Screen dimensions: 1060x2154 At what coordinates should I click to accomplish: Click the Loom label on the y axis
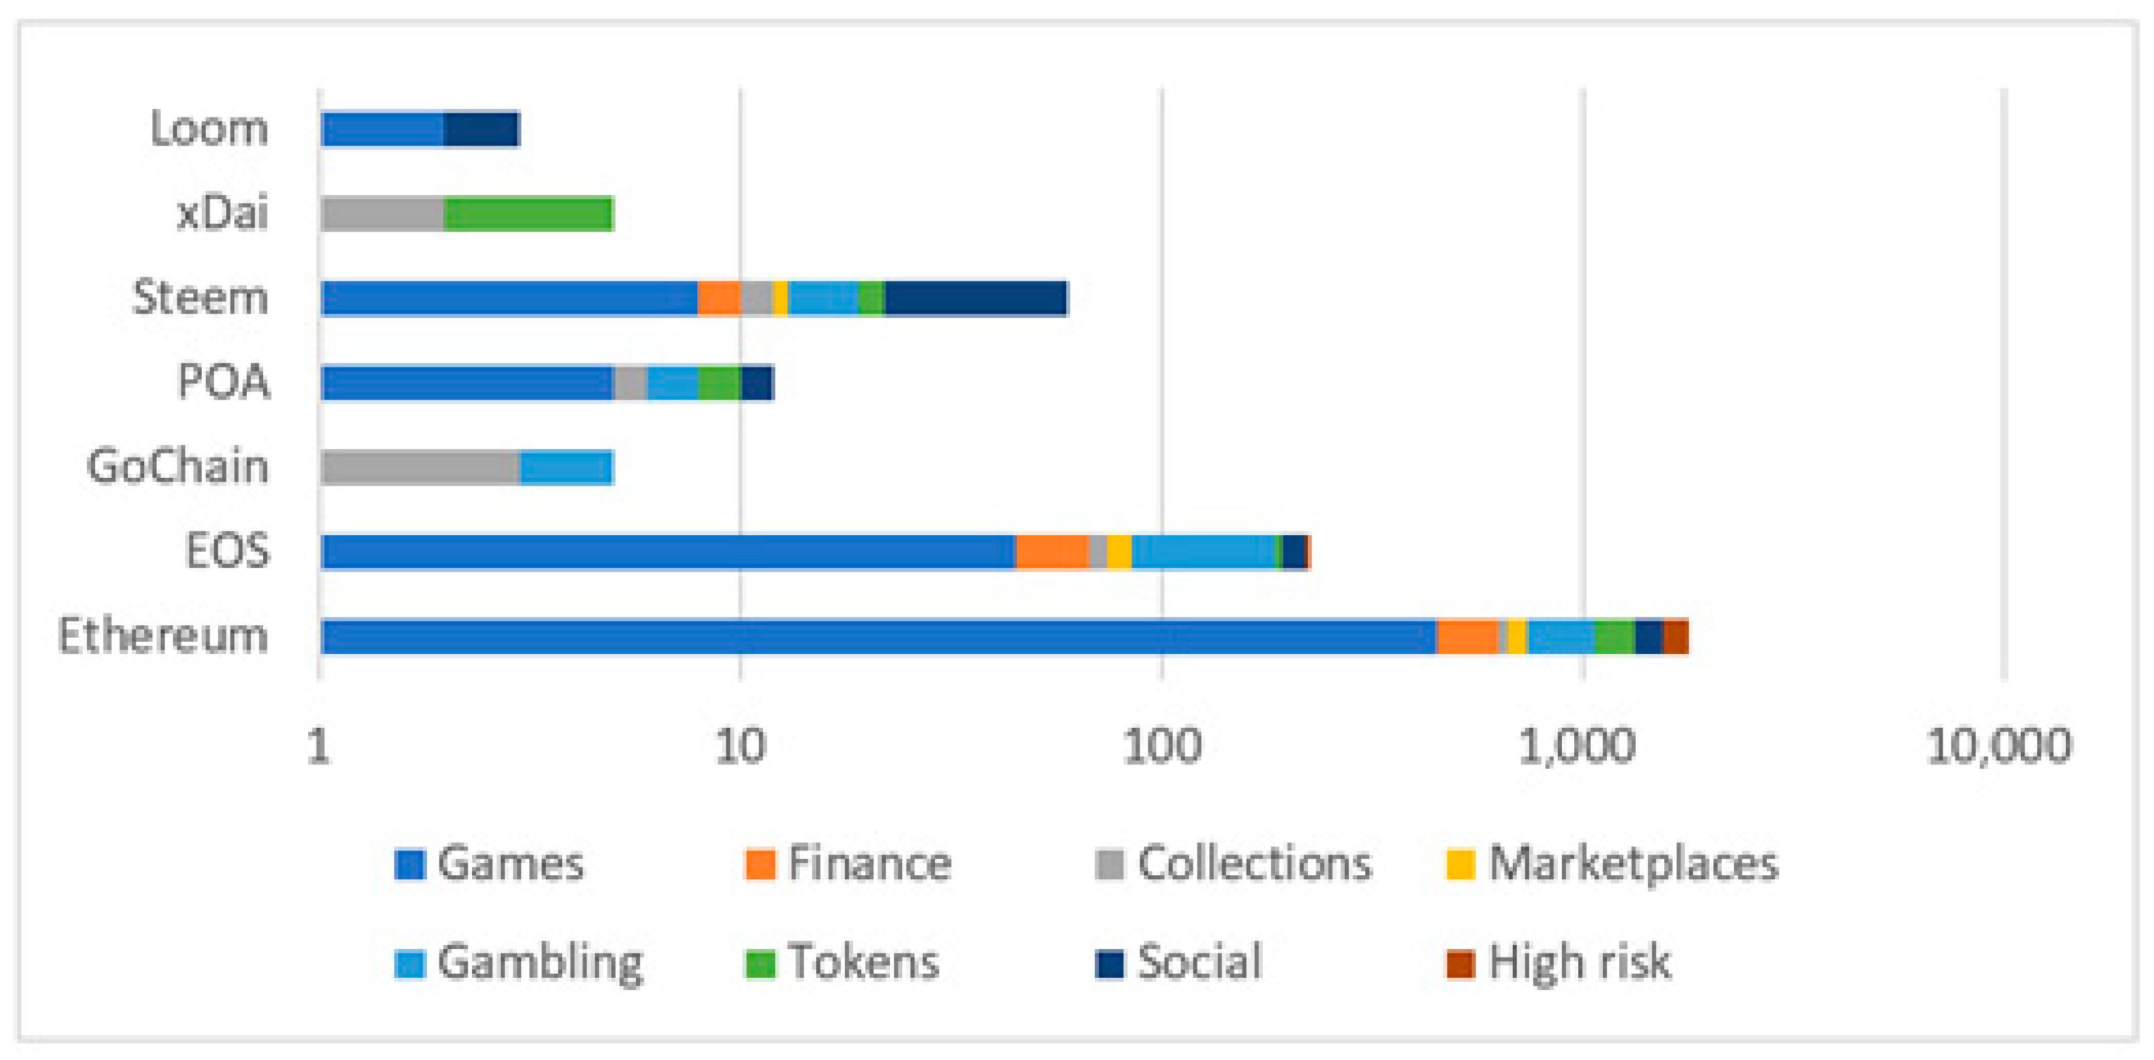209,130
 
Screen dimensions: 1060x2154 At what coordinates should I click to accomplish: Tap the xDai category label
223,213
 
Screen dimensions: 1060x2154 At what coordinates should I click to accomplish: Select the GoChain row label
178,467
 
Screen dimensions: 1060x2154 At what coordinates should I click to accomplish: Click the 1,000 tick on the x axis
1577,745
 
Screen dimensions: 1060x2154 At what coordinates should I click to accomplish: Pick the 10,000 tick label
1999,745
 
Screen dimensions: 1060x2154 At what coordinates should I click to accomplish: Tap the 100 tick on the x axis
1162,745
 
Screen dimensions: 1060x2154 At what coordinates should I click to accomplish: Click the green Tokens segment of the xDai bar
528,214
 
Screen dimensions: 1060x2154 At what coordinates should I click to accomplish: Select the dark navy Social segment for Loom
482,130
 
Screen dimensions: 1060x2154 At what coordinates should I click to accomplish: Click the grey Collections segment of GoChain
420,467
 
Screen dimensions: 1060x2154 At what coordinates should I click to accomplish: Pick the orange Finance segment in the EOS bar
1052,552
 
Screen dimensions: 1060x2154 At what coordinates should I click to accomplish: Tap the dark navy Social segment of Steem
976,298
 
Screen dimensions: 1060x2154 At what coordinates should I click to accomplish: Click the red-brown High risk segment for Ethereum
1675,636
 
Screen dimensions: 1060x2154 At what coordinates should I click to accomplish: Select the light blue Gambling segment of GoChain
567,467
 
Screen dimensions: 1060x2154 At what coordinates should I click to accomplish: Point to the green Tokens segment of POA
719,383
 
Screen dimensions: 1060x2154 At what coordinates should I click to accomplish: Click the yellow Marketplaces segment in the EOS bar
1119,552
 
